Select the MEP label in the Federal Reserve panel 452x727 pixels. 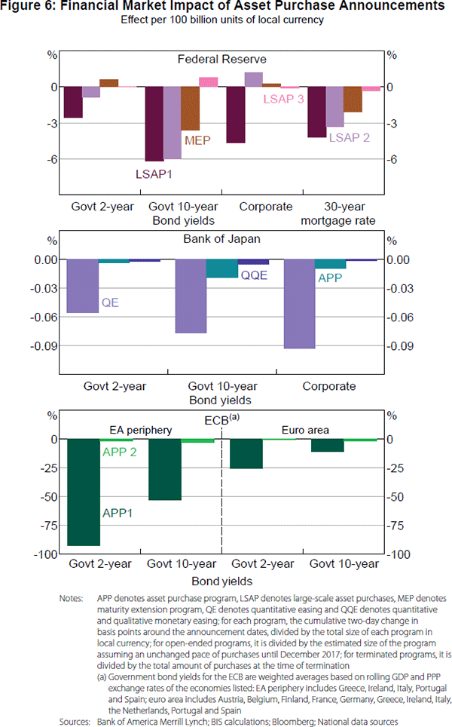(197, 140)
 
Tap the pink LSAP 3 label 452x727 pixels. (283, 99)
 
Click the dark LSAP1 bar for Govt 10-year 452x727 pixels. (154, 124)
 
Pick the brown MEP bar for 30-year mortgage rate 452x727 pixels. (353, 100)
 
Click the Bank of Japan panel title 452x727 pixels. (222, 240)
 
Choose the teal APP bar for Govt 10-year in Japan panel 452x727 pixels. (221, 268)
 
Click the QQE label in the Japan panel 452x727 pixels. (254, 276)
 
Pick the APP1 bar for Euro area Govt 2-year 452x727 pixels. (246, 454)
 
